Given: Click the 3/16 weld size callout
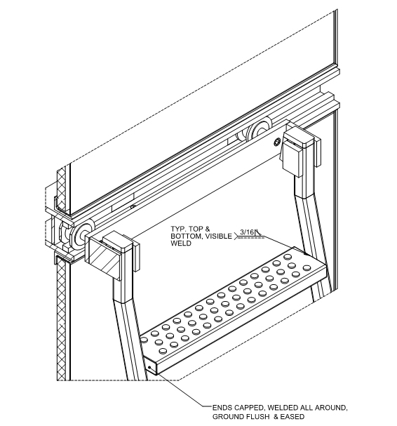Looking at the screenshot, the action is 248,232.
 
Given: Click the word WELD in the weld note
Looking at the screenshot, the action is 181,243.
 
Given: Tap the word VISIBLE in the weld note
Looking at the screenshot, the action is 219,236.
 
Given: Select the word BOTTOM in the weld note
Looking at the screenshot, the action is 187,236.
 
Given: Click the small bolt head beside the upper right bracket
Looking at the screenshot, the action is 277,141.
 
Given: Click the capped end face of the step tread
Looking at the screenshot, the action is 150,366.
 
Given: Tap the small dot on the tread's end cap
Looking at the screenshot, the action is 149,368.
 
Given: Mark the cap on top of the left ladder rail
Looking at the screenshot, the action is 117,241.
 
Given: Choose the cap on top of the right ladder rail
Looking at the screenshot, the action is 298,136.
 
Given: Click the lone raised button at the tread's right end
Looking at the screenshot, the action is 307,268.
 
